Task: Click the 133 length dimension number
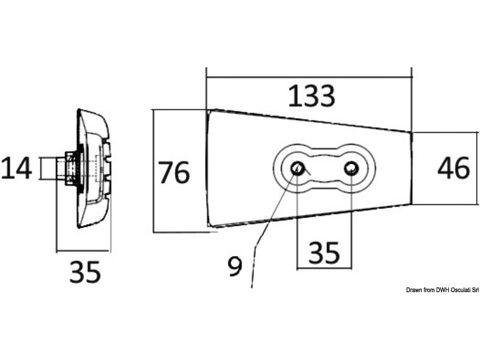tap(310, 96)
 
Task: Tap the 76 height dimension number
tap(173, 172)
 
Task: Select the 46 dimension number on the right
tap(453, 169)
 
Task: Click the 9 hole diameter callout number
tap(235, 266)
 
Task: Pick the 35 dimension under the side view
tap(85, 273)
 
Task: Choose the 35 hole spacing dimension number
tap(324, 254)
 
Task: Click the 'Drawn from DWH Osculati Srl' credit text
tap(442, 290)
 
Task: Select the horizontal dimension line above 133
tap(309, 77)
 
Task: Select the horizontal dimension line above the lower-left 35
tap(83, 250)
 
